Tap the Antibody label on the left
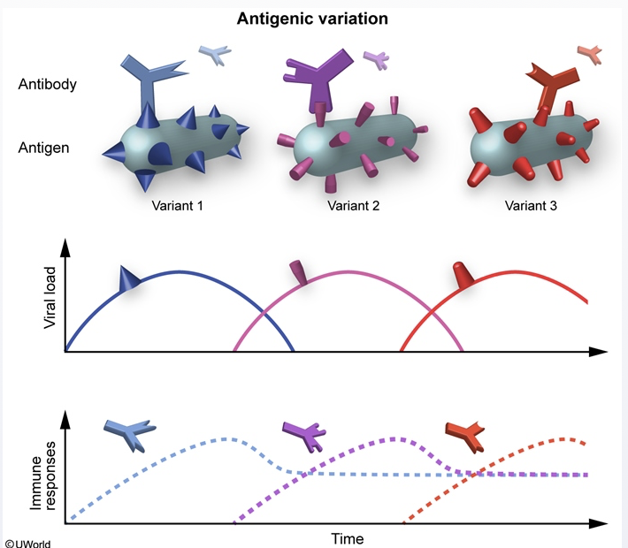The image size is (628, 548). click(x=47, y=86)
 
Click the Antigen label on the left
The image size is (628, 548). click(x=44, y=148)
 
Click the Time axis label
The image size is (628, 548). click(x=347, y=537)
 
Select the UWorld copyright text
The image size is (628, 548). click(x=27, y=542)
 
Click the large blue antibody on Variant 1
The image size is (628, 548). click(x=150, y=74)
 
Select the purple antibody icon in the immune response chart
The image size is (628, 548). click(x=304, y=432)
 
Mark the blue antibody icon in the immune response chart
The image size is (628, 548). click(x=128, y=432)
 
